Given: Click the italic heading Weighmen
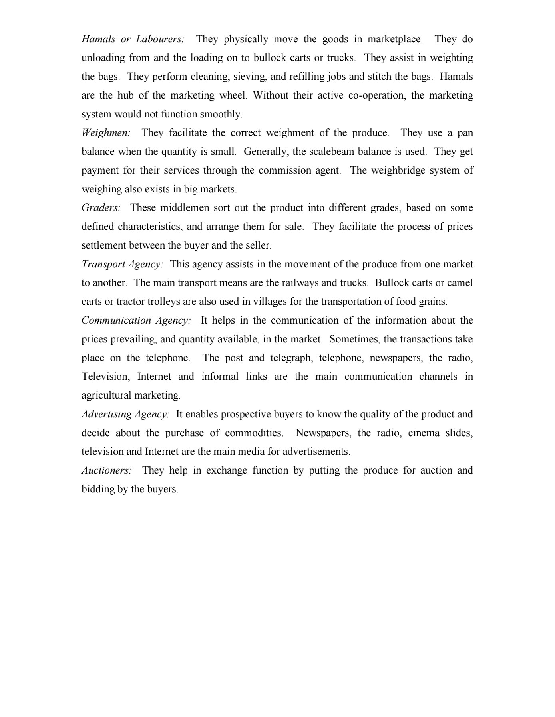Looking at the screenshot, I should coord(106,133).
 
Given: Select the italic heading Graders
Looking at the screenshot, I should coord(101,208).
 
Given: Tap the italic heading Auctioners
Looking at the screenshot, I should coord(107,470).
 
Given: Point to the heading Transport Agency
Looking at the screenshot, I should coord(122,264).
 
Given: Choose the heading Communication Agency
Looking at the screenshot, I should coord(136,320).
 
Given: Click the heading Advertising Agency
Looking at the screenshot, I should coord(125,414).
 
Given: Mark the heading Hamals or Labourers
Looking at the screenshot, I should coord(133,39).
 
